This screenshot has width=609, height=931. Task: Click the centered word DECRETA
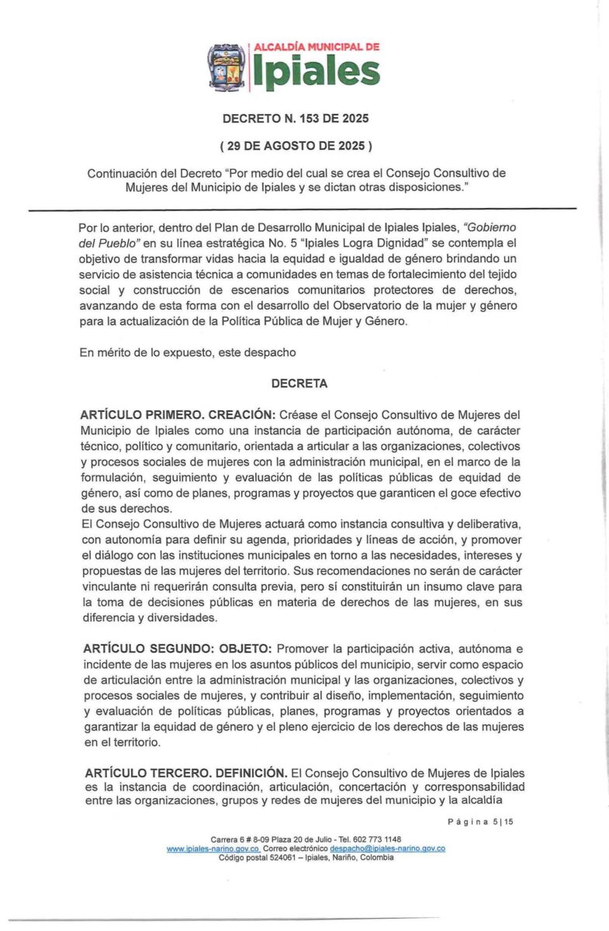pyautogui.click(x=299, y=383)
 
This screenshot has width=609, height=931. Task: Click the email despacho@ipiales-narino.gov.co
pyautogui.click(x=387, y=849)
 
